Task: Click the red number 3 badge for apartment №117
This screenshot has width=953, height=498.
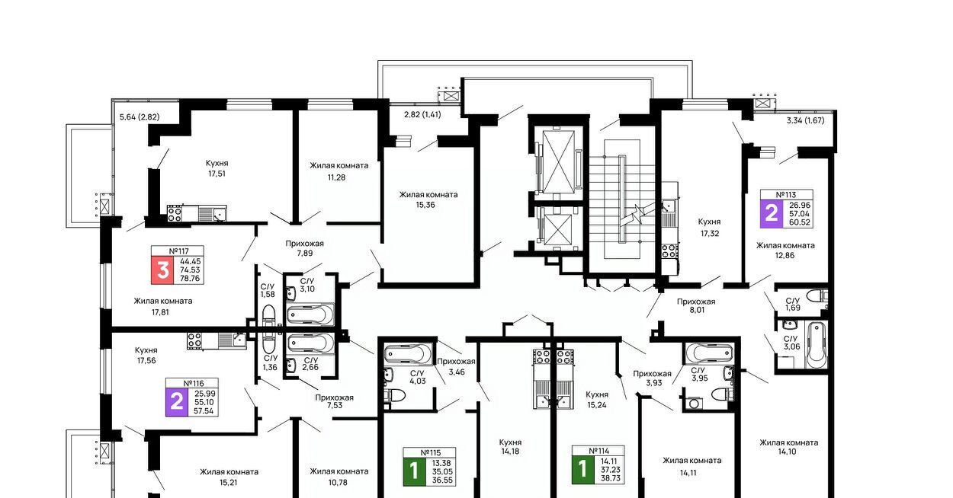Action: [x=162, y=270]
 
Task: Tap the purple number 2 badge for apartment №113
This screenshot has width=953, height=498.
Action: [x=772, y=213]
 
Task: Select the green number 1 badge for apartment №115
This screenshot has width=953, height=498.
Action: [x=415, y=471]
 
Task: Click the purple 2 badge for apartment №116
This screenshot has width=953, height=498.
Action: [x=177, y=402]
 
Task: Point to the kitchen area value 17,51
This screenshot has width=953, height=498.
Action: [x=217, y=174]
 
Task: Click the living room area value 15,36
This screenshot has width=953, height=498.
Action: [x=425, y=205]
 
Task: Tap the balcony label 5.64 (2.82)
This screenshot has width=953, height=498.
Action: [x=140, y=117]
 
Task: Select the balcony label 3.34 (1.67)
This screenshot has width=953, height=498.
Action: [x=805, y=120]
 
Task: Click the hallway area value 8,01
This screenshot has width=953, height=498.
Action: [x=697, y=310]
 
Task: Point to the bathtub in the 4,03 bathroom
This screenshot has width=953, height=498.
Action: [x=408, y=354]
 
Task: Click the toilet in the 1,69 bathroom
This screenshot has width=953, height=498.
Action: [x=817, y=295]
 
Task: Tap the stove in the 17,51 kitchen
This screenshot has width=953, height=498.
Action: [x=174, y=213]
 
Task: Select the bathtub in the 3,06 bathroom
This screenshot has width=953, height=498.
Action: [x=816, y=345]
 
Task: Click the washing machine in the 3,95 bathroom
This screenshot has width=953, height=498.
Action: [x=694, y=404]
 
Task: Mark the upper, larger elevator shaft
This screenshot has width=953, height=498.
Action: [x=559, y=160]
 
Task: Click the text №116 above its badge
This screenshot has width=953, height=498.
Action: [x=194, y=383]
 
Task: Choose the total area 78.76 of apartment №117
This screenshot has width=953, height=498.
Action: [x=190, y=279]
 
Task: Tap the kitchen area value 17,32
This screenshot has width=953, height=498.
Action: [x=710, y=233]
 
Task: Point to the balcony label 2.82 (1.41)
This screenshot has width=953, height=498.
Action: [x=422, y=114]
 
